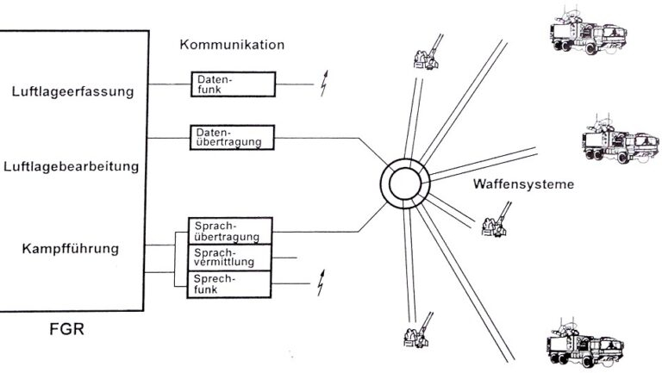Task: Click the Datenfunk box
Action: (x=233, y=84)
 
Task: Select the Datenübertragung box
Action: (x=231, y=136)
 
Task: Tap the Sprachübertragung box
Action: (x=230, y=230)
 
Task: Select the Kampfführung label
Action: (x=72, y=250)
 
